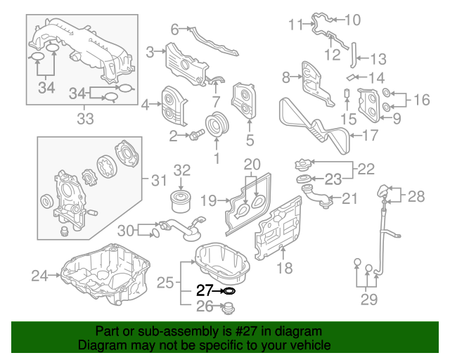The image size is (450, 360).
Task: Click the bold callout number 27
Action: pos(204,290)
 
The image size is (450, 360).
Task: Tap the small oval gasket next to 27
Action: pos(228,290)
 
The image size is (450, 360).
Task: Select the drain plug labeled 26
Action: pos(228,307)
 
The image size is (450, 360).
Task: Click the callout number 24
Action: pos(39,275)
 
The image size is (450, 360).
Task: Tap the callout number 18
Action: pos(283,268)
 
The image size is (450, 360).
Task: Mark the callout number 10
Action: pos(352,20)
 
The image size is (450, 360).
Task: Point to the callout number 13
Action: pos(378,58)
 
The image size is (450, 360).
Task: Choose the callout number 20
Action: pos(252,165)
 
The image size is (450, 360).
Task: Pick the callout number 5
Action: pos(250,140)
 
